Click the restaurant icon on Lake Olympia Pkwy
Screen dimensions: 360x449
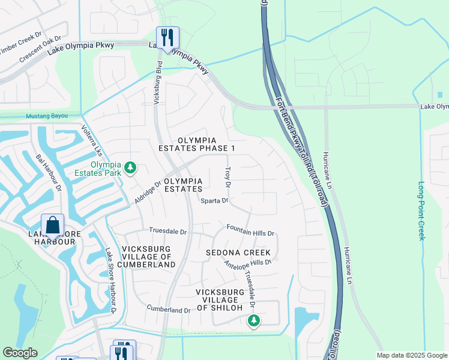point(167,38)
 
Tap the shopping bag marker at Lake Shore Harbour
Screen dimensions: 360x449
point(53,225)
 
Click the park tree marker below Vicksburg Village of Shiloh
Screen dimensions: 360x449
point(254,321)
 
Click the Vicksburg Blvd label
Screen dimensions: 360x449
point(157,83)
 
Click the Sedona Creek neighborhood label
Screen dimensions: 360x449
point(238,253)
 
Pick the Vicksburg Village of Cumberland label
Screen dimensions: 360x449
point(146,256)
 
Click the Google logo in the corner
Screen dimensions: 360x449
point(20,353)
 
